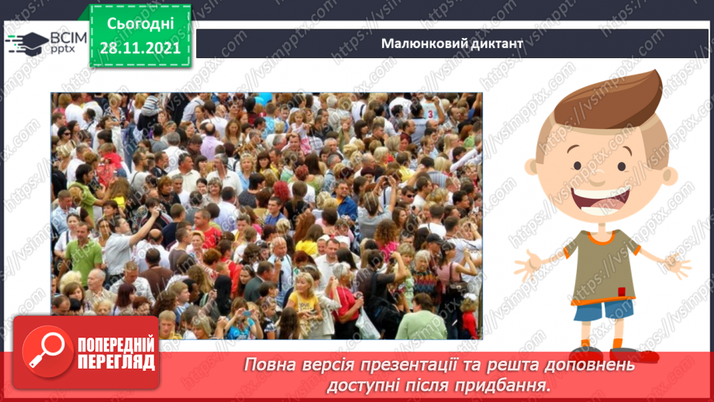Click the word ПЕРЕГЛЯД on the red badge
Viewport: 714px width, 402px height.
(114, 362)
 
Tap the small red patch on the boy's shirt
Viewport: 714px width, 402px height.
(620, 291)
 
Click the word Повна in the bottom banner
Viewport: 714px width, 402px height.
(272, 364)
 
